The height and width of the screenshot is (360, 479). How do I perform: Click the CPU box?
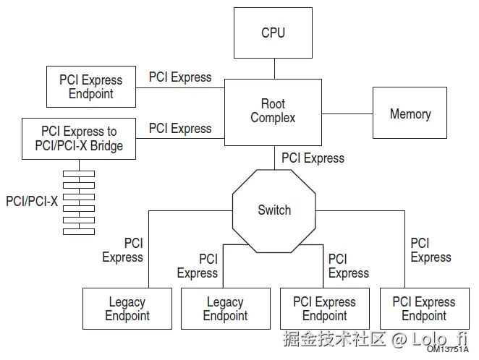coord(273,33)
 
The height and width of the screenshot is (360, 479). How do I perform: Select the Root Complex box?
coord(273,111)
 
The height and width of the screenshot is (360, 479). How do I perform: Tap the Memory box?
coord(410,113)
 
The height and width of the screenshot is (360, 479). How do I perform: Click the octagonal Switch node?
coord(274,210)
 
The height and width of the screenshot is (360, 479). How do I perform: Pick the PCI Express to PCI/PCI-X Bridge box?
coord(79,138)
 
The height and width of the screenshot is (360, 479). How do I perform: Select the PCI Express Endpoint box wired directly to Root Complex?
coord(90,87)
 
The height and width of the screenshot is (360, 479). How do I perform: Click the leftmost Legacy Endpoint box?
coord(127,309)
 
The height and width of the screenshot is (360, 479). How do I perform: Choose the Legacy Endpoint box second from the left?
coord(225,309)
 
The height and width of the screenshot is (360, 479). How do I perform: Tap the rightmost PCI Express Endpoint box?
coord(424,309)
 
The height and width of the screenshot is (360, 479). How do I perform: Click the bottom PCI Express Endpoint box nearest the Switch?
coord(324,309)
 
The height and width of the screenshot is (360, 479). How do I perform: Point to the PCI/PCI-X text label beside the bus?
coord(31,201)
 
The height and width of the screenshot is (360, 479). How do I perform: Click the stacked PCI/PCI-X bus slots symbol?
coord(78,202)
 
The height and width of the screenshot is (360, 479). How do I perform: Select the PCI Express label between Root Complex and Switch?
coord(313,158)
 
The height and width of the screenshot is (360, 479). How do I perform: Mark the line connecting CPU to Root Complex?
coord(274,69)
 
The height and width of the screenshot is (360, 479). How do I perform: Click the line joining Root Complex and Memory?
coord(347,113)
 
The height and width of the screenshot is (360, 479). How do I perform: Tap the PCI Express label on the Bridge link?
coord(180,129)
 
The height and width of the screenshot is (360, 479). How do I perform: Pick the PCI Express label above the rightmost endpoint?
coord(431,250)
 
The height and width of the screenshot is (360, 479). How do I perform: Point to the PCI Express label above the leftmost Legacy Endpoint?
coord(123,250)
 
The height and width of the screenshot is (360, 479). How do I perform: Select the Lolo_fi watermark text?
coord(438,338)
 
